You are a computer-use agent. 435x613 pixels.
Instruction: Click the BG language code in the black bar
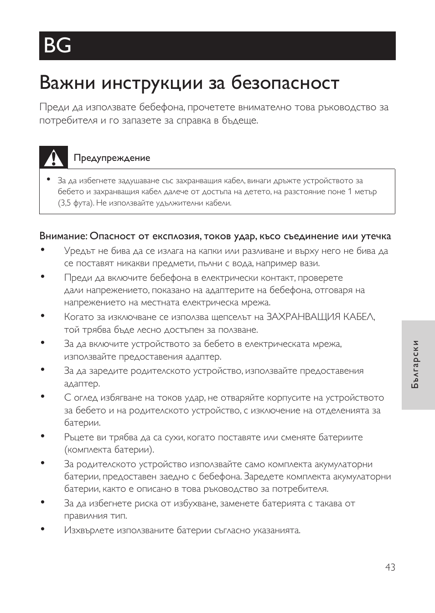tap(58, 46)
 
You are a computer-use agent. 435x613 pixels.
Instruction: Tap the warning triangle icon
tap(53, 157)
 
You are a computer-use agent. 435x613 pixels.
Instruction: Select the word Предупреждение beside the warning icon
tap(112, 158)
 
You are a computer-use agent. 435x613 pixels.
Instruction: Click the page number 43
tap(390, 567)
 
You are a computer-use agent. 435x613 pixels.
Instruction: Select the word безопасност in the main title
tap(285, 83)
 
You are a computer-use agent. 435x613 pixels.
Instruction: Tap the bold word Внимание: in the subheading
tap(63, 236)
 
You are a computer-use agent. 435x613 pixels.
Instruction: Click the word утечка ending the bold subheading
tap(376, 236)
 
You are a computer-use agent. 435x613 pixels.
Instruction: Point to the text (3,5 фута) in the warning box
tap(76, 203)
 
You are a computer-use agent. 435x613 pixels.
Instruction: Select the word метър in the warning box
tap(366, 192)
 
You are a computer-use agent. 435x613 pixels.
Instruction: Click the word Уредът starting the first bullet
tap(80, 251)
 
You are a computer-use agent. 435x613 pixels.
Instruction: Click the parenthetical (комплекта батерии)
tap(109, 449)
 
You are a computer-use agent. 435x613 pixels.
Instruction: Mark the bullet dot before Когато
tap(42, 315)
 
